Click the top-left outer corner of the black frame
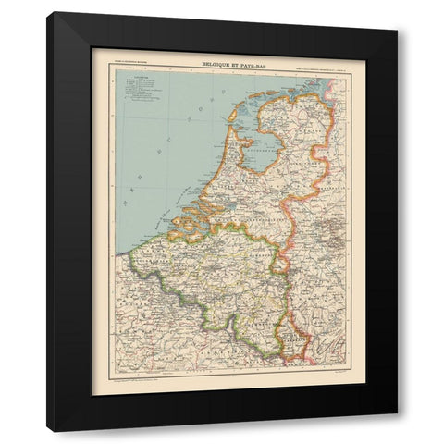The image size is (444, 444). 47,12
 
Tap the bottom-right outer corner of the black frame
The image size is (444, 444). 398,432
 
